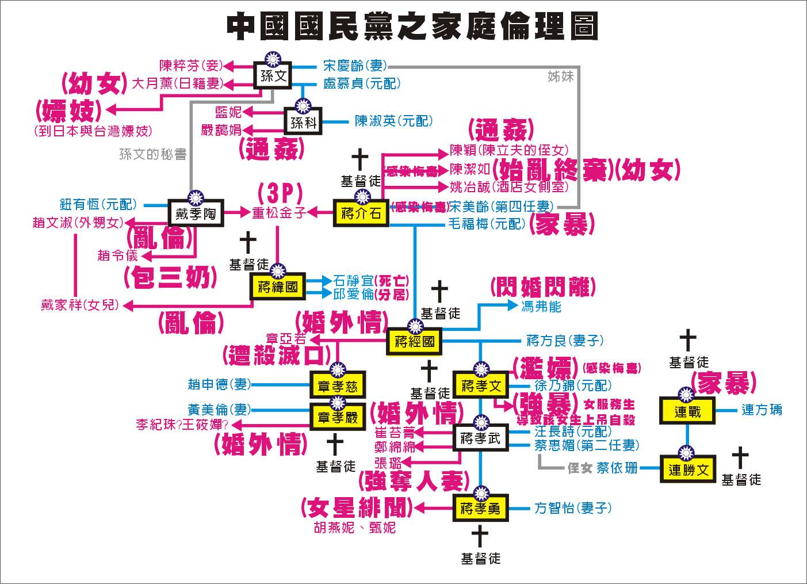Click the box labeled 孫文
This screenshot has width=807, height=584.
click(273, 77)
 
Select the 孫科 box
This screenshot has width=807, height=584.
click(303, 123)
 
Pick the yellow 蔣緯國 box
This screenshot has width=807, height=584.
click(278, 287)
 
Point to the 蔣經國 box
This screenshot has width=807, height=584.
click(415, 342)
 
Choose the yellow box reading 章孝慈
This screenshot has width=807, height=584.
click(337, 386)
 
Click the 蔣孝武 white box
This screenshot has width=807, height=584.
click(480, 439)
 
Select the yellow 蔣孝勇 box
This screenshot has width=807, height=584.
click(480, 508)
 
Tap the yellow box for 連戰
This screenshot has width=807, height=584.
click(687, 411)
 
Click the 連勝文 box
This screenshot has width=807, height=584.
click(688, 470)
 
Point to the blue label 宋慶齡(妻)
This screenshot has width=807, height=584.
click(355, 66)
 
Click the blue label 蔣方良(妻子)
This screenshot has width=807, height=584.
click(565, 341)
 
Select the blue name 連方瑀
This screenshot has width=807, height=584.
click(762, 410)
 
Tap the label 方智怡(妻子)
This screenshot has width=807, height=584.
click(573, 507)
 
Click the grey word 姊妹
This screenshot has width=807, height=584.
click(560, 76)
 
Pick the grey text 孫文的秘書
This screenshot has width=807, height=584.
click(152, 154)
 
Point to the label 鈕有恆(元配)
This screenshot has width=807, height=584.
click(98, 204)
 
